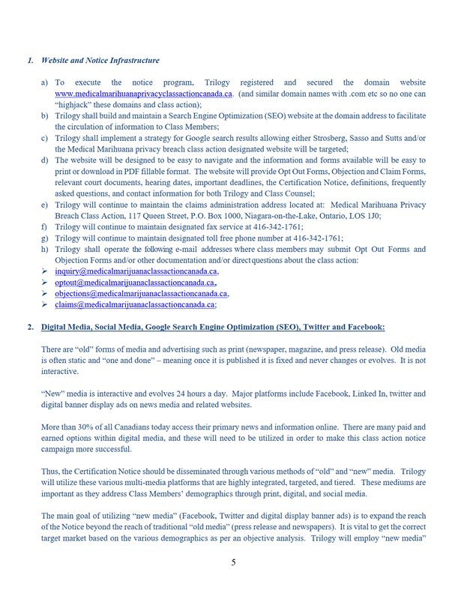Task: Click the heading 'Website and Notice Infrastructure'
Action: point(100,60)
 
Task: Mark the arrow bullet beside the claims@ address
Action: point(45,305)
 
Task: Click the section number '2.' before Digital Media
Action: point(30,328)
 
